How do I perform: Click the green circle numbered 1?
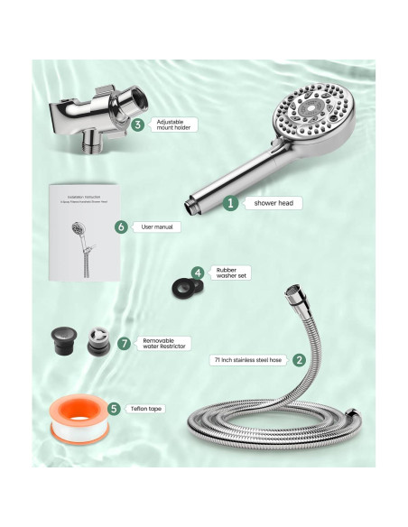[230, 204]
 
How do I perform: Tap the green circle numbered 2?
[299, 359]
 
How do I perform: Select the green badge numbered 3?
[137, 125]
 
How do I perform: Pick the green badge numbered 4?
[198, 273]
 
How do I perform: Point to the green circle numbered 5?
[114, 409]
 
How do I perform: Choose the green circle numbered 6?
[122, 227]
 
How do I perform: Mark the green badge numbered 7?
[125, 344]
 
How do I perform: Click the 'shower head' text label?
[268, 204]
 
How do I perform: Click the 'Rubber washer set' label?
[229, 273]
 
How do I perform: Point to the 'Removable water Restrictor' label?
[165, 344]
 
